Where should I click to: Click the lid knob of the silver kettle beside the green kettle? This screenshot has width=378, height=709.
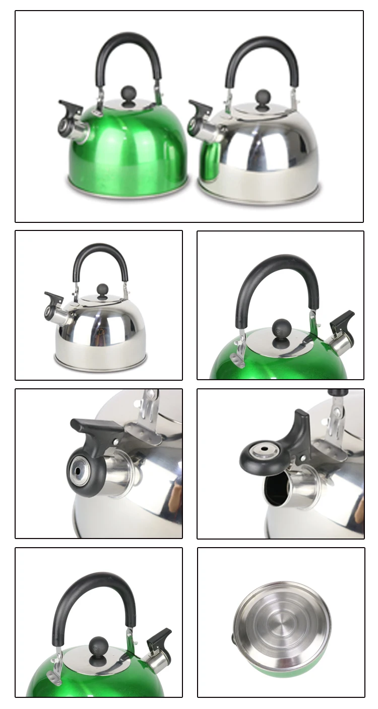(263, 98)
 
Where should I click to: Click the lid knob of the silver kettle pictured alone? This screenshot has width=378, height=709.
(103, 290)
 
